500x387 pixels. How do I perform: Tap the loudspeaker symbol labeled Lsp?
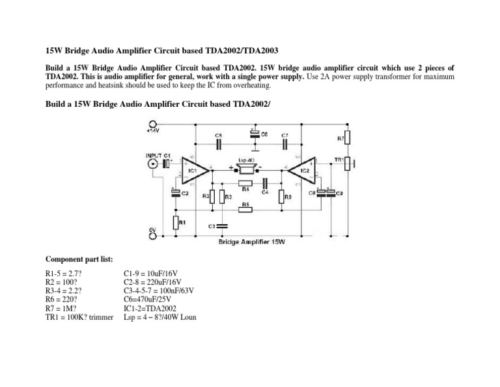(x=247, y=169)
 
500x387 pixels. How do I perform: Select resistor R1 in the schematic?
(x=176, y=223)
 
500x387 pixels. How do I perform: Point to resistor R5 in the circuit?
(x=245, y=211)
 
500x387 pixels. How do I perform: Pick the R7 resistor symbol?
(x=348, y=137)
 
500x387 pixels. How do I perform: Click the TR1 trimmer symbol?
(x=348, y=162)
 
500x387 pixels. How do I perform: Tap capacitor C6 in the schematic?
(x=253, y=135)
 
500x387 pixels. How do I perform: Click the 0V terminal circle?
(x=152, y=236)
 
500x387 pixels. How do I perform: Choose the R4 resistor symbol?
(x=245, y=184)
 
